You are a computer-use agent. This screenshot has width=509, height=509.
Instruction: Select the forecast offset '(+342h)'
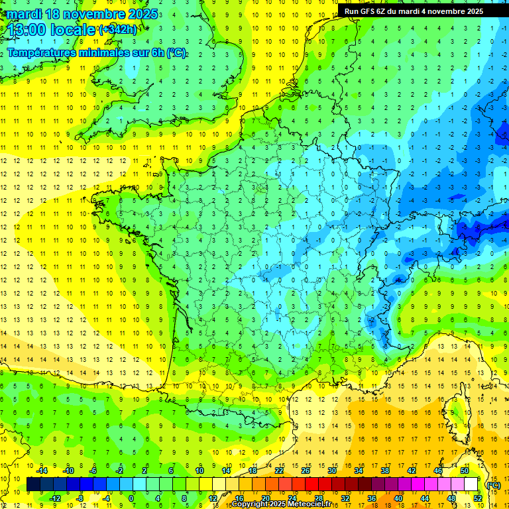point(118,30)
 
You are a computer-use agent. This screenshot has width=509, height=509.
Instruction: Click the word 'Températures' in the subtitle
point(41,52)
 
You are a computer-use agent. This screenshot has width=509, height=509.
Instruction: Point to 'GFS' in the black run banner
point(370,11)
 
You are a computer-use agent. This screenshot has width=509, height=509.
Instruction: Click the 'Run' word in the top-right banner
point(353,11)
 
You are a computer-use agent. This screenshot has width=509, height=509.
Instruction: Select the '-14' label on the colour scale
point(41,471)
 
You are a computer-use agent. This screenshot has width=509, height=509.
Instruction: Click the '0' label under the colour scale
point(132,498)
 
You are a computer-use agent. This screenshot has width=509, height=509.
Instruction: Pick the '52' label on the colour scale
point(477,498)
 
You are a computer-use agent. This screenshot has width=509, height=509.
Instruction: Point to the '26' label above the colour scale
point(306,471)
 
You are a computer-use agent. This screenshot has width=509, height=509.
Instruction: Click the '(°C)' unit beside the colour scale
point(494,484)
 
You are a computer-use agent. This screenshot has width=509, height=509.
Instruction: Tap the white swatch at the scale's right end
point(471,484)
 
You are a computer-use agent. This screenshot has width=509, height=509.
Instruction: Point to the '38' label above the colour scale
point(385,471)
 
